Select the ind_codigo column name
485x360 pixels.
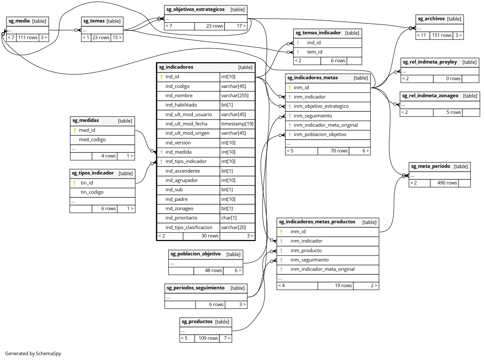click(x=177, y=86)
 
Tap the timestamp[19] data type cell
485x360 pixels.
click(x=237, y=124)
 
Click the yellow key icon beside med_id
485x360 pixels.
click(x=75, y=130)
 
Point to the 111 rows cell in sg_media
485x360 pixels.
click(x=28, y=38)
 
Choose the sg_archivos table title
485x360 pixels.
click(x=431, y=19)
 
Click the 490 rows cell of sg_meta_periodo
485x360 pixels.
click(x=447, y=183)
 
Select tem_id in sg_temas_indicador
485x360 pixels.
click(x=314, y=52)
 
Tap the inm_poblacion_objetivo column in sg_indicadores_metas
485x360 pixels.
click(x=320, y=134)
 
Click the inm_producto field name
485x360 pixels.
click(x=306, y=251)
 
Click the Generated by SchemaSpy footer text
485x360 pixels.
click(x=33, y=354)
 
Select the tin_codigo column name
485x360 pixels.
click(x=92, y=192)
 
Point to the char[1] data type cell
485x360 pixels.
click(x=229, y=218)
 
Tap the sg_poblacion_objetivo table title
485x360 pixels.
click(x=195, y=254)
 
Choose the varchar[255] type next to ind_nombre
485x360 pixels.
click(x=234, y=96)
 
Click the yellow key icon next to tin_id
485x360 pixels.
click(x=74, y=183)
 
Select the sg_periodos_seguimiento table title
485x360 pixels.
click(x=195, y=288)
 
